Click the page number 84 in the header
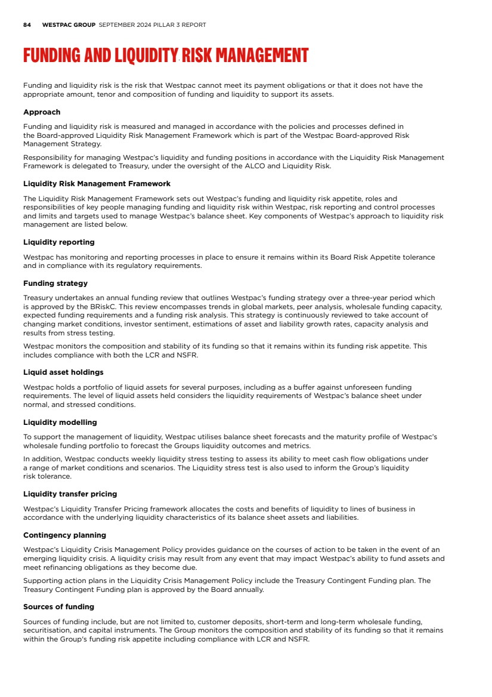(x=27, y=25)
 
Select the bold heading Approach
(x=42, y=112)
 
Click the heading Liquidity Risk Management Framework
(x=97, y=184)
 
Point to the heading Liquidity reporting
(x=58, y=242)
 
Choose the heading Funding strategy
(x=55, y=283)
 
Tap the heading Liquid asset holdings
(x=63, y=372)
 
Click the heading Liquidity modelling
(x=60, y=422)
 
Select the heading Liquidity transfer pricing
(x=70, y=494)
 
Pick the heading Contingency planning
(x=64, y=535)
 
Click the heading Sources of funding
(x=58, y=607)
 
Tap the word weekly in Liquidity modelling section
(x=127, y=459)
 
